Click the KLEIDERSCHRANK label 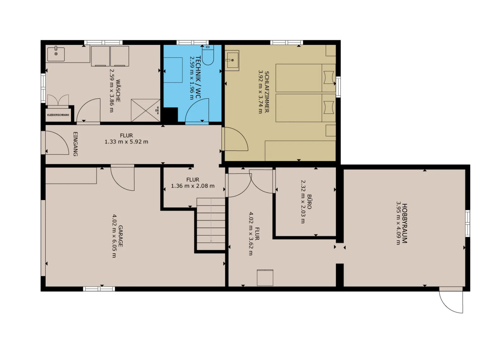[58, 115]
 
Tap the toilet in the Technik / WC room [208, 55]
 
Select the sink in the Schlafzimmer [232, 60]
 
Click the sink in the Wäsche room [56, 54]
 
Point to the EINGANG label [75, 144]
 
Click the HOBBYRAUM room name [404, 223]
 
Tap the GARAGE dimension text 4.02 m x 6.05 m [114, 236]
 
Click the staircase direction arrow [211, 221]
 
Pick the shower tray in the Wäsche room [146, 111]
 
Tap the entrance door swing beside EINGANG [57, 143]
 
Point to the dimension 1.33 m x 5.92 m [126, 142]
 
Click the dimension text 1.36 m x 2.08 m [193, 186]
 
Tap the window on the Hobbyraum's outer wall [467, 223]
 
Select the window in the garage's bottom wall [99, 289]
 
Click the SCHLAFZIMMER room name [267, 92]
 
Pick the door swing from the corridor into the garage [123, 179]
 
